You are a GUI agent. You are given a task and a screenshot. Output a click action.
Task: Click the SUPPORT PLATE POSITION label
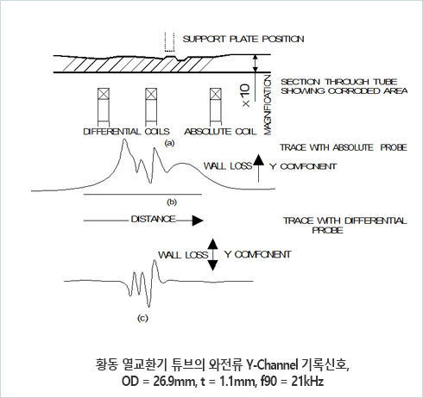243,39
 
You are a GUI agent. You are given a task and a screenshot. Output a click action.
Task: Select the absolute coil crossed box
216,94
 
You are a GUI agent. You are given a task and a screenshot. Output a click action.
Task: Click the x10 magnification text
246,96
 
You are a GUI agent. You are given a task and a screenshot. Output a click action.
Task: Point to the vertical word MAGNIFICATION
268,105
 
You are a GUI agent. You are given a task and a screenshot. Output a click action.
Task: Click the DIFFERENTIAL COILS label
126,132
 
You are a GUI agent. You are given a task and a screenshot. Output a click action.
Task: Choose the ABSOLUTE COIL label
220,132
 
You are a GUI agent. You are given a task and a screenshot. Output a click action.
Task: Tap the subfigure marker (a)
169,143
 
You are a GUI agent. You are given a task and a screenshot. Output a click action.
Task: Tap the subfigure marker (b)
172,202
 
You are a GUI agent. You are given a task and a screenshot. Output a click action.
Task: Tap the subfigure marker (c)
142,318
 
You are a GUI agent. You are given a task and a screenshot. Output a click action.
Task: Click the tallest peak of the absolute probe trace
124,140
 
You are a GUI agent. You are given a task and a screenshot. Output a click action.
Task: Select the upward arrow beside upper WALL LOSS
258,168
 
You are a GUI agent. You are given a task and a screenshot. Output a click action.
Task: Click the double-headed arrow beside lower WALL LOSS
213,255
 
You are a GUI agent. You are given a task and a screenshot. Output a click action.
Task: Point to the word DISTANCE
154,219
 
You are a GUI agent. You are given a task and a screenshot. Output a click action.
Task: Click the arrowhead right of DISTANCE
198,221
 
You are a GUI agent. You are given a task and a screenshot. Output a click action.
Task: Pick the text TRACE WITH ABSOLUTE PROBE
344,147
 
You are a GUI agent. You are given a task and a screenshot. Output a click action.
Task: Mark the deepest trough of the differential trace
148,307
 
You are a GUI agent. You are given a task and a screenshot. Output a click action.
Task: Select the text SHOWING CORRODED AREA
344,91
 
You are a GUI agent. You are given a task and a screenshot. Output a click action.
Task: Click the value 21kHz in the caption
307,382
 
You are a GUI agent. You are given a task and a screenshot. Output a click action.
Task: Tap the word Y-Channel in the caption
272,365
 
